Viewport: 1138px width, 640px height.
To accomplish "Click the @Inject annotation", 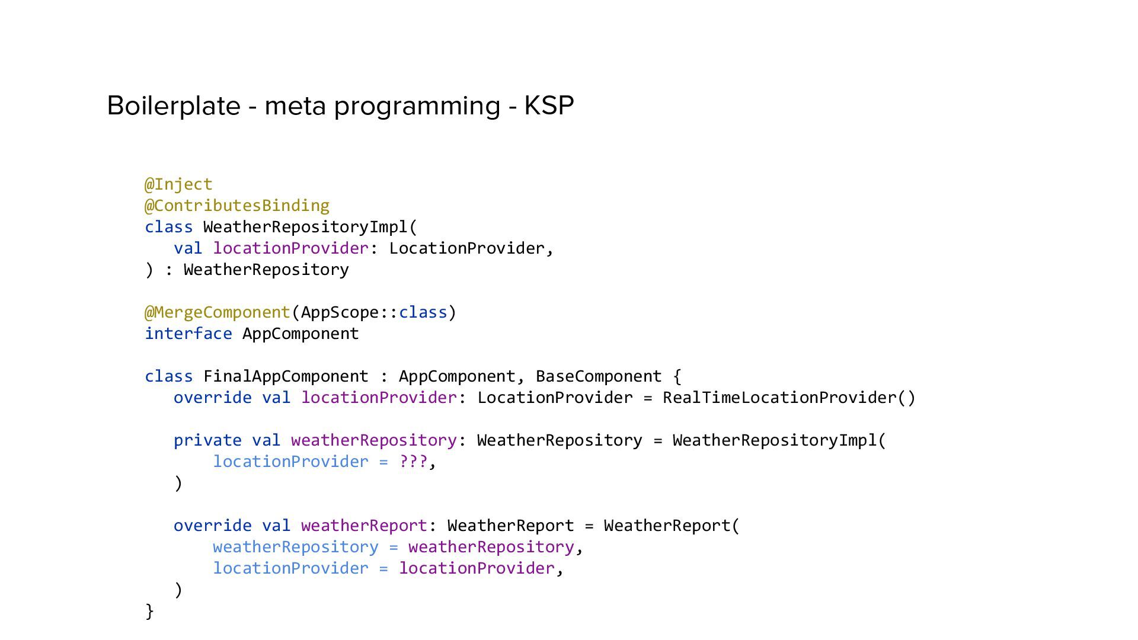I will pyautogui.click(x=178, y=184).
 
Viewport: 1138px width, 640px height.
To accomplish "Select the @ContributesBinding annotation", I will pyautogui.click(x=237, y=206).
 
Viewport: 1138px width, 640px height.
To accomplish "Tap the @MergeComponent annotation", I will pyautogui.click(x=218, y=312).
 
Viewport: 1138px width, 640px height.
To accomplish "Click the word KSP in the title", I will pyautogui.click(x=549, y=106).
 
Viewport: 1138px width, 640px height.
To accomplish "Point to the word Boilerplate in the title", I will pyautogui.click(x=174, y=106).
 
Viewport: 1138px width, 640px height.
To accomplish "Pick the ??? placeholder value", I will pyautogui.click(x=413, y=462).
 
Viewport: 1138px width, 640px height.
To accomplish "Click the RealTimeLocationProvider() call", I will pyautogui.click(x=789, y=398).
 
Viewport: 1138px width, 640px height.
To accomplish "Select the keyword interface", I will pyautogui.click(x=188, y=334).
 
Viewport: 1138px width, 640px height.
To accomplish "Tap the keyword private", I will pyautogui.click(x=207, y=440).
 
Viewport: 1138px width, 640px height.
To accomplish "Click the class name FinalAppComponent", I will pyautogui.click(x=286, y=376).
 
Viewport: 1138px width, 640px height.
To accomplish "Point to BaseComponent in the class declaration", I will pyautogui.click(x=599, y=376).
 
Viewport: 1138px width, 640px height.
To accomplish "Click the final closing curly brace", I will pyautogui.click(x=149, y=611).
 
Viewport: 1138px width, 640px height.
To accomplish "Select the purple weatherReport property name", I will pyautogui.click(x=364, y=526).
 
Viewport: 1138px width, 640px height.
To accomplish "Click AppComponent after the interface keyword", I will pyautogui.click(x=301, y=334).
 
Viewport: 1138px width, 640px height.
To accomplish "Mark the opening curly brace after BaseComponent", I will pyautogui.click(x=677, y=376).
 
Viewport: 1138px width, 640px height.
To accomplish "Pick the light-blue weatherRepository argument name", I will pyautogui.click(x=295, y=547).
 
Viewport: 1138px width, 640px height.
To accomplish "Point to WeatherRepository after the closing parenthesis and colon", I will pyautogui.click(x=266, y=270).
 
